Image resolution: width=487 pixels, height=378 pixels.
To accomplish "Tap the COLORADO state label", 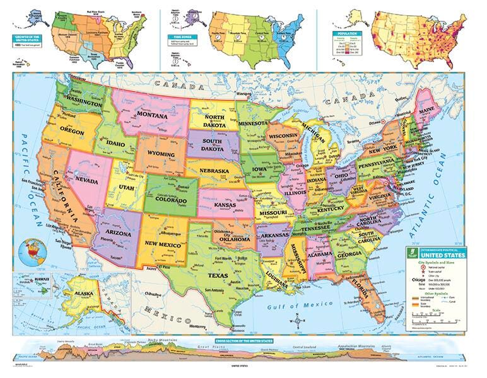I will (169, 202).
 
